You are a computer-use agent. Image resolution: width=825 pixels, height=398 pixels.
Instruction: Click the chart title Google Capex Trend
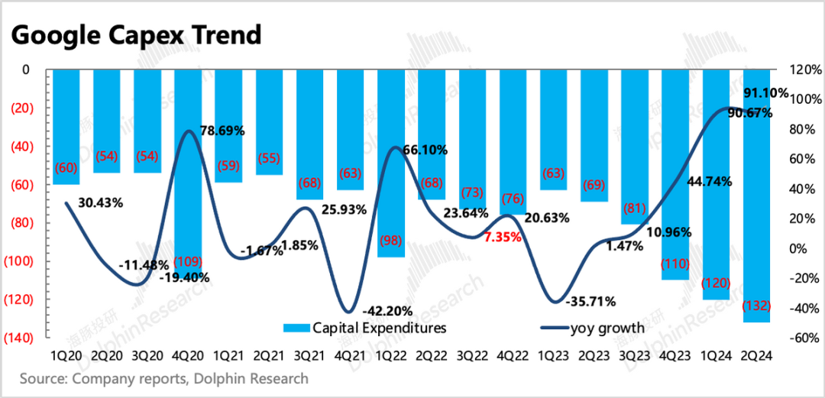137,35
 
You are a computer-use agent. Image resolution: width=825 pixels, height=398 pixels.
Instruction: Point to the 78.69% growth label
222,131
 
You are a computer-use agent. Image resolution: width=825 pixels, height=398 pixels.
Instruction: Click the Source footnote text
164,379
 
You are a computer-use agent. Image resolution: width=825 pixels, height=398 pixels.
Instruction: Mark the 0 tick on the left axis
25,70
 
